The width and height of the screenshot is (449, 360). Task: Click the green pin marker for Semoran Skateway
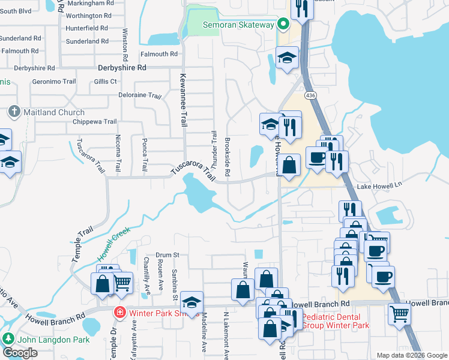tap(284, 25)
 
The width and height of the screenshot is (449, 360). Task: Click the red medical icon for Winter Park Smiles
tap(120, 313)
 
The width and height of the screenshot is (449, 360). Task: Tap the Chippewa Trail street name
tap(94, 122)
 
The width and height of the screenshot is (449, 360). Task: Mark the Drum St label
tap(167, 255)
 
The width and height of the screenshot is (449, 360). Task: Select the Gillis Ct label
tap(104, 82)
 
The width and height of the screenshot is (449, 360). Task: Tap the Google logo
tap(20, 353)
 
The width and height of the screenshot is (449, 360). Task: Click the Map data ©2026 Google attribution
tap(411, 355)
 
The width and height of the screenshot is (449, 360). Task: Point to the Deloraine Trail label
tap(139, 95)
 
